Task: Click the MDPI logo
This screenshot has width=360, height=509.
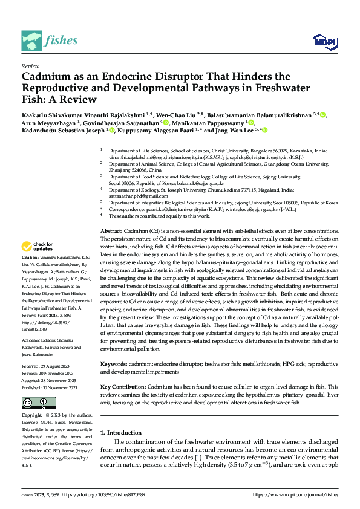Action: click(x=323, y=41)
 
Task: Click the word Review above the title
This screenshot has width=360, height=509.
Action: click(x=30, y=66)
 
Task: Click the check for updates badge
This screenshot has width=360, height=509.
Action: click(x=37, y=247)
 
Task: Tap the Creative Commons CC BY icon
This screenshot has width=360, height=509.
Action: click(x=38, y=403)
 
